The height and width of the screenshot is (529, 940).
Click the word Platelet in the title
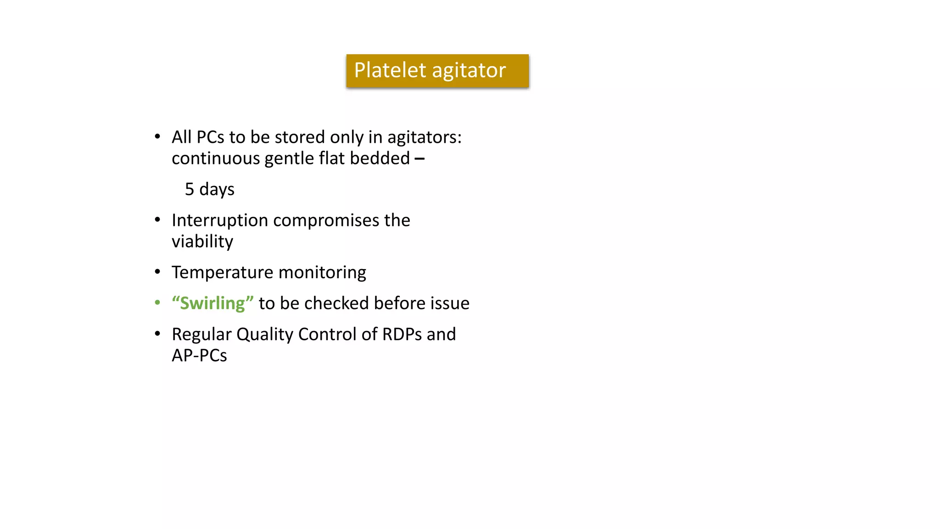(x=390, y=70)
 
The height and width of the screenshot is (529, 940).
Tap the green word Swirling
(x=213, y=303)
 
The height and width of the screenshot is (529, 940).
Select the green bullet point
(x=157, y=303)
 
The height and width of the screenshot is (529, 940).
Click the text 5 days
(x=209, y=189)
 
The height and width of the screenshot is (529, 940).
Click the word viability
(x=202, y=242)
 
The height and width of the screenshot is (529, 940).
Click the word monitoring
(x=322, y=273)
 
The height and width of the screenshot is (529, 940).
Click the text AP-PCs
(x=199, y=355)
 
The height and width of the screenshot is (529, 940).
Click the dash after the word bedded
(x=420, y=159)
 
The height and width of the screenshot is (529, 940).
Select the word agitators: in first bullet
(x=424, y=138)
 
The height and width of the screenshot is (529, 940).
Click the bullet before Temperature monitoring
(x=157, y=272)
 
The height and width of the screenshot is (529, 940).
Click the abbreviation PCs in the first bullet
(x=210, y=137)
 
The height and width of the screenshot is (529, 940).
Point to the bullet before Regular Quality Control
(x=157, y=334)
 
